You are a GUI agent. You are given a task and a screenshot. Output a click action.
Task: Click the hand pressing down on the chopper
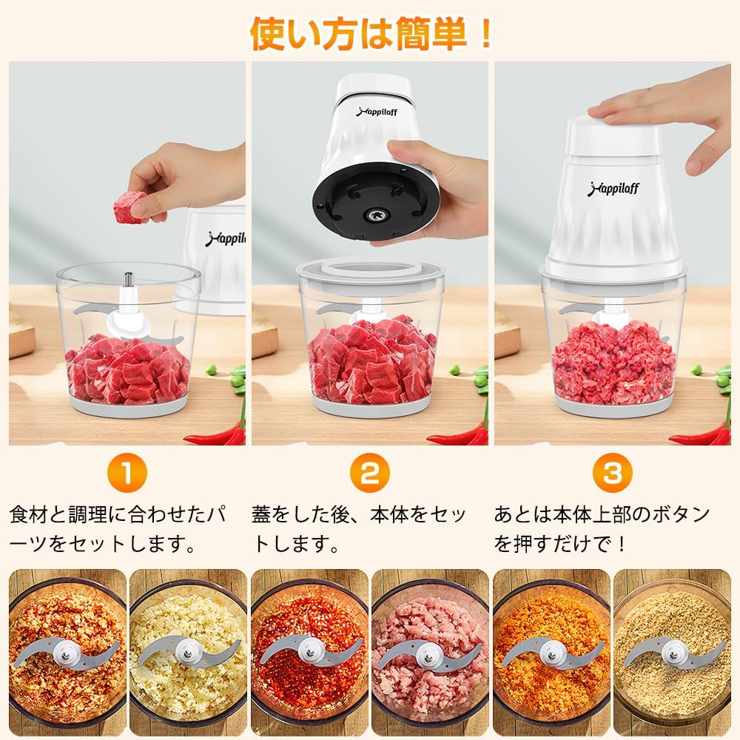point(666,111)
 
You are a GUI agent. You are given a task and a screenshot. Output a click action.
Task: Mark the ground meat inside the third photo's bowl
point(614,363)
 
